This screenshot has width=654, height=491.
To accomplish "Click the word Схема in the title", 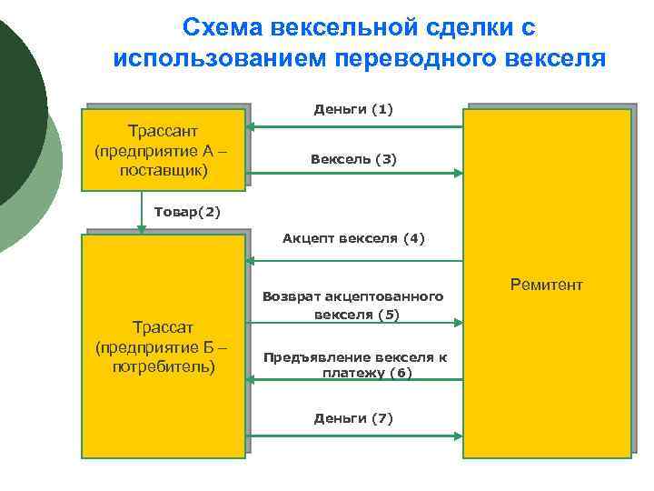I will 221,28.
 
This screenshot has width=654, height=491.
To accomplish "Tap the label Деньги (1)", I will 353,110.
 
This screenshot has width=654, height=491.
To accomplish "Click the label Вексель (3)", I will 353,159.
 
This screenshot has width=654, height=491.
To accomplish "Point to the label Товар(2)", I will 187,212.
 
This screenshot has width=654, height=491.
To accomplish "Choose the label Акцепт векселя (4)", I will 353,239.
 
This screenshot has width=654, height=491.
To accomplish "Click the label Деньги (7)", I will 353,418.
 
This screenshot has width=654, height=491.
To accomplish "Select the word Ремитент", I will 546,286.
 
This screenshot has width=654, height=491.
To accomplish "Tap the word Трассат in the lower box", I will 163,327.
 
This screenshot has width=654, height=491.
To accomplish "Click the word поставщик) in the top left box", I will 163,171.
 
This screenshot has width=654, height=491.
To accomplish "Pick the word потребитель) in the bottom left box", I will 163,367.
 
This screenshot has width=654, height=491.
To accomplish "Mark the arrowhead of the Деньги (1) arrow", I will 253,128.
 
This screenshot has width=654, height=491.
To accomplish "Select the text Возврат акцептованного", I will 353,296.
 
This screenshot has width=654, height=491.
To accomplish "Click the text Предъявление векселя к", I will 355,357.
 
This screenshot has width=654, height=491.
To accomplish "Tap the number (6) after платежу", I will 399,373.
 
